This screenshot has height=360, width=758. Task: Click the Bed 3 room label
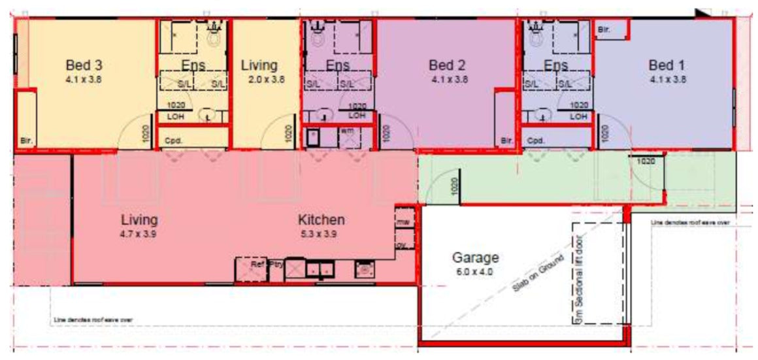[84, 65]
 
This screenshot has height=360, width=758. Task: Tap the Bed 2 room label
[447, 65]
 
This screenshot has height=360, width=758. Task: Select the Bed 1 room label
[667, 65]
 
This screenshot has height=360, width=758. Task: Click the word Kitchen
[321, 220]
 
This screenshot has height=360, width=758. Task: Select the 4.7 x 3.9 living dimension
[139, 234]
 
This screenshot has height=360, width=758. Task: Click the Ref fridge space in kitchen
[257, 264]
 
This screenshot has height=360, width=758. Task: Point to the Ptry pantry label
[276, 265]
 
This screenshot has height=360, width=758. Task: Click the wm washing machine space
[347, 135]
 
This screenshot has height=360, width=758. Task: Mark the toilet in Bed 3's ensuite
[214, 35]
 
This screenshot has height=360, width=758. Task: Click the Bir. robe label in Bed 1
[604, 30]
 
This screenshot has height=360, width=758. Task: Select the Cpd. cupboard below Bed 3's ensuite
[173, 140]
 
